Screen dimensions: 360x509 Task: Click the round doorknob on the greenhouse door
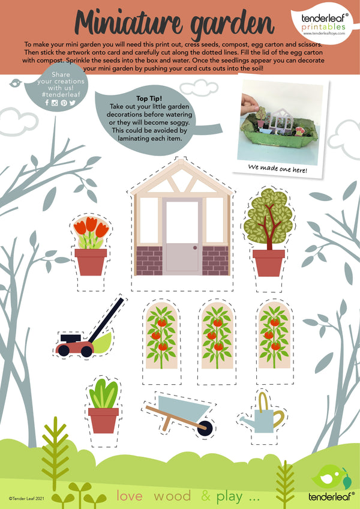195,248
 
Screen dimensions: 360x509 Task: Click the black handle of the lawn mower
107,319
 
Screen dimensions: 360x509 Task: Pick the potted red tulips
91,245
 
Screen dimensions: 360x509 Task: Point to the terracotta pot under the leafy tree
269,263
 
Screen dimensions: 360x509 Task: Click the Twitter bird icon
72,103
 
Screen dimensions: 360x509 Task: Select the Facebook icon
47,103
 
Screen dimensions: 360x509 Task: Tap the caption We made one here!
277,169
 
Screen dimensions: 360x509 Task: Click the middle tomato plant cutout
217,336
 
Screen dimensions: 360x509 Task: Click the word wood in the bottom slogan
172,496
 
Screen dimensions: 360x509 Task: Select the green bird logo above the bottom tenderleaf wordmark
332,477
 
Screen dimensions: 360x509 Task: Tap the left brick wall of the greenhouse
149,261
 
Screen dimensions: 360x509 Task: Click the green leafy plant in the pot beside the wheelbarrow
104,393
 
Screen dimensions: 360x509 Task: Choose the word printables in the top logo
323,26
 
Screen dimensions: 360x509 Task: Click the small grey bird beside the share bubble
16,83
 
